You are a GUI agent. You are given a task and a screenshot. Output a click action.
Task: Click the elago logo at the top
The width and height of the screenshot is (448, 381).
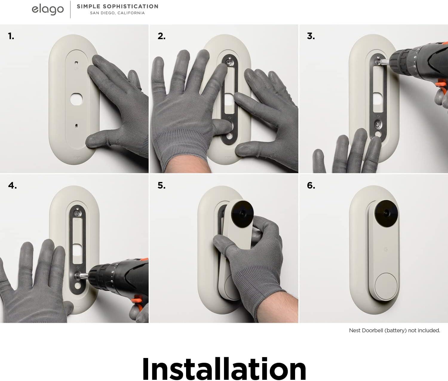(48, 10)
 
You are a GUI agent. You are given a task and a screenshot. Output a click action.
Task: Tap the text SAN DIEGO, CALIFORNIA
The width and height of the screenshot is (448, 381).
(117, 13)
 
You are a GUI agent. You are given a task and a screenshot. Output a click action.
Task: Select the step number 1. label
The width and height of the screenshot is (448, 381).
(11, 36)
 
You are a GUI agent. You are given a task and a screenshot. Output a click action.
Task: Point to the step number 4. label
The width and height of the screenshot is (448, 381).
(12, 186)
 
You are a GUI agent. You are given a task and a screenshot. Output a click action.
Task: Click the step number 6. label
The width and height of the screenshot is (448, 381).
(311, 185)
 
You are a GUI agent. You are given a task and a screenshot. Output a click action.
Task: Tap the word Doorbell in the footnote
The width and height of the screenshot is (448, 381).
(373, 330)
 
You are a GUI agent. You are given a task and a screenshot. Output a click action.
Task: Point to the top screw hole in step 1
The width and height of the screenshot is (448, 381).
(76, 63)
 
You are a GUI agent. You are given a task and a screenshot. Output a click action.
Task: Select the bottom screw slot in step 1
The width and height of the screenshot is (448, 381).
(76, 126)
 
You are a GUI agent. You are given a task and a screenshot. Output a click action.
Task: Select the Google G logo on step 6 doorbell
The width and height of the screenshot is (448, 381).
(385, 250)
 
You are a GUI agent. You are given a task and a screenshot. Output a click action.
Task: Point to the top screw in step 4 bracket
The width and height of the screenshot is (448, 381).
(77, 214)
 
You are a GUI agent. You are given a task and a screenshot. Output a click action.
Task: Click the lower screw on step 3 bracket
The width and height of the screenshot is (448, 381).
(378, 125)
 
